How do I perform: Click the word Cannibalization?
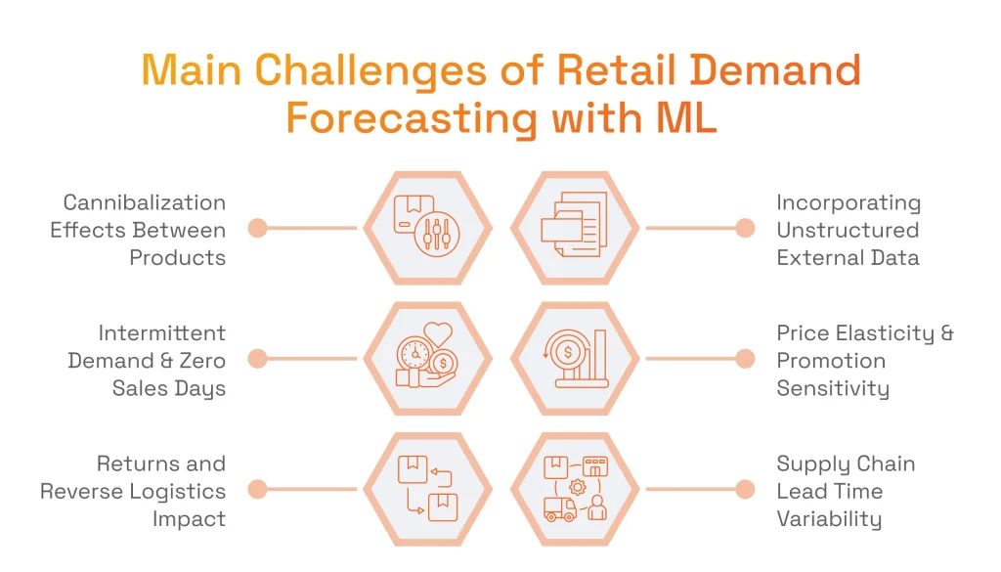tap(144, 202)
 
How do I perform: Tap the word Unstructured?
tap(848, 230)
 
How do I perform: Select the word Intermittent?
tap(161, 332)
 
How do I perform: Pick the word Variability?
tap(829, 519)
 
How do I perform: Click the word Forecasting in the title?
tap(411, 118)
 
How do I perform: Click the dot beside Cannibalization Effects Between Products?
tap(257, 229)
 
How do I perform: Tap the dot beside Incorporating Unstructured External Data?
tap(745, 229)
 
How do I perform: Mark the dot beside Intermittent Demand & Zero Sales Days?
tap(257, 360)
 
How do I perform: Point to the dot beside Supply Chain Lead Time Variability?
tap(745, 490)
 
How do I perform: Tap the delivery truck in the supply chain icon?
tap(559, 508)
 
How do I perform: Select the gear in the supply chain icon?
tap(577, 486)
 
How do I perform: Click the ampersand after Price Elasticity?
tap(946, 333)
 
